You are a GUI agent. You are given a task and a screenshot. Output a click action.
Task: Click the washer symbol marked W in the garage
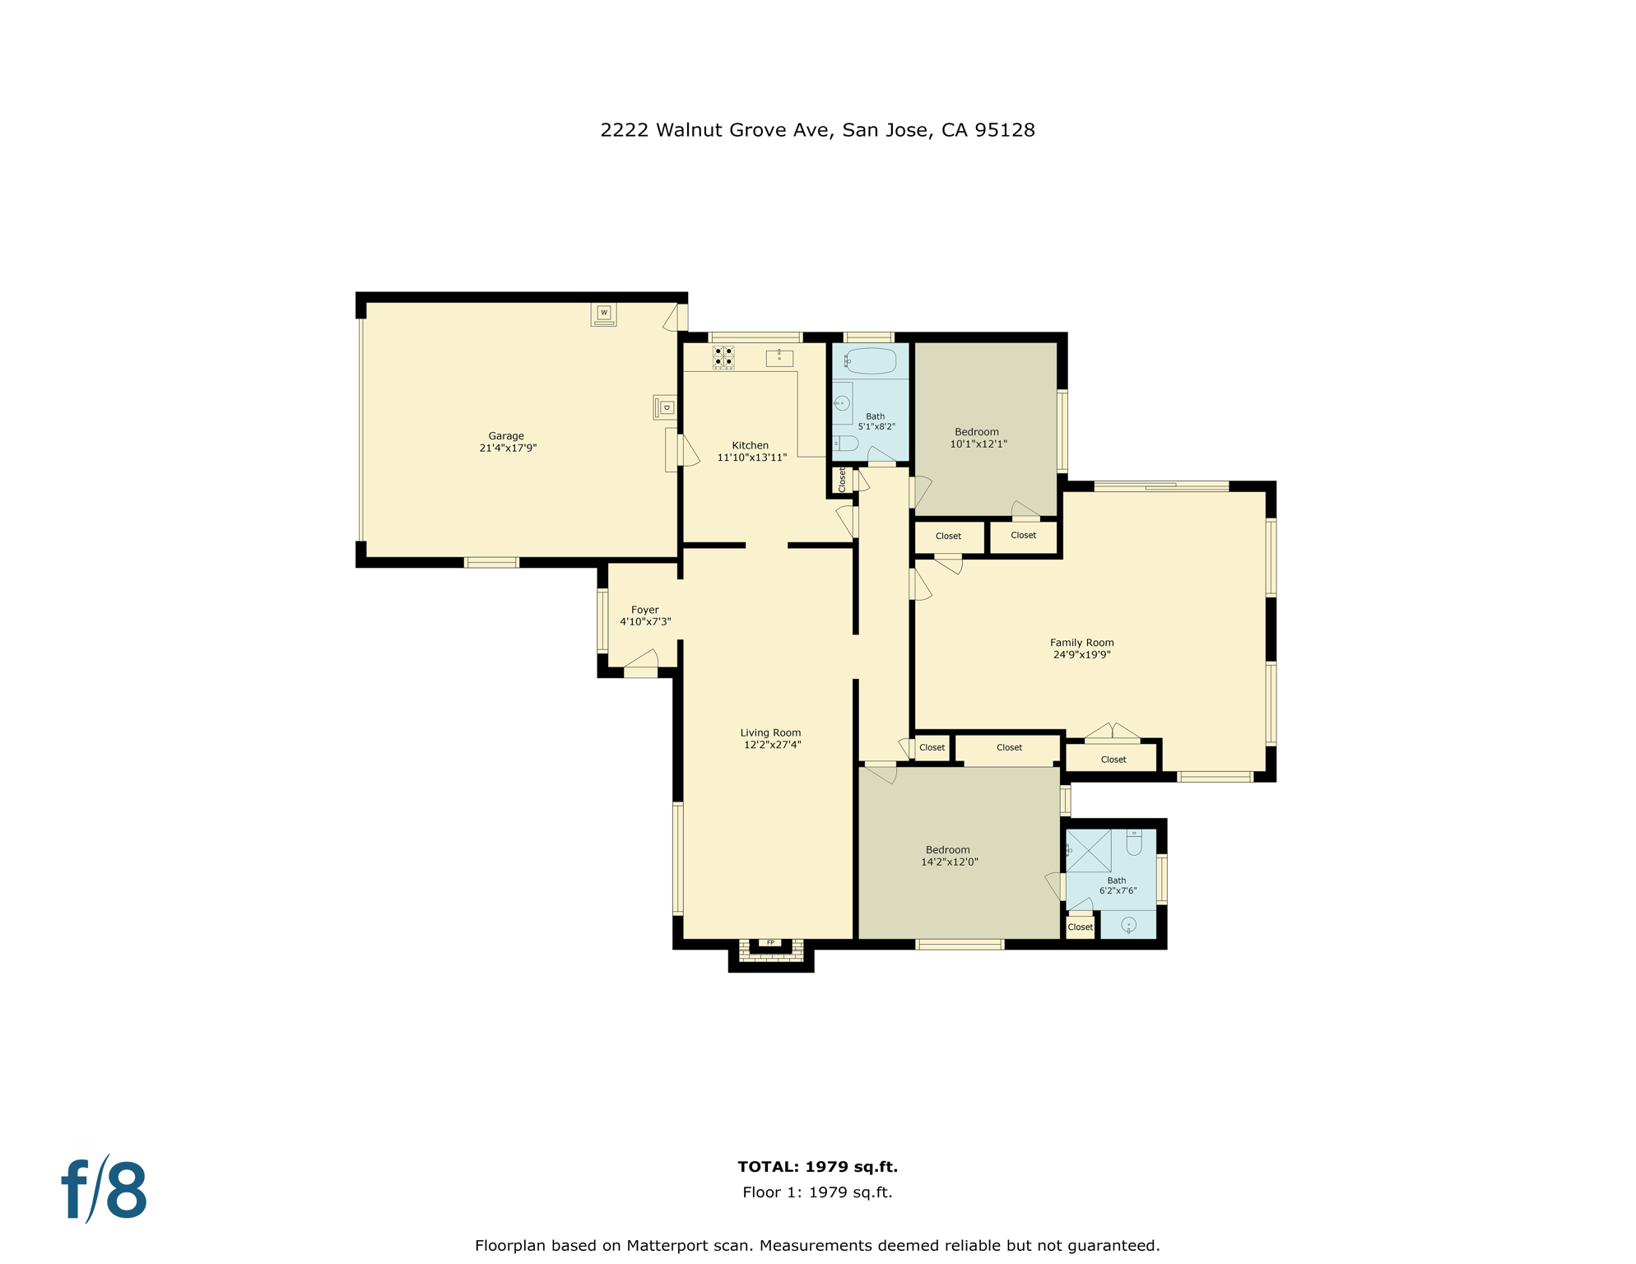pos(603,314)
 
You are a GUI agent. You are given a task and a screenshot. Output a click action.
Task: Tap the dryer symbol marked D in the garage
pos(665,407)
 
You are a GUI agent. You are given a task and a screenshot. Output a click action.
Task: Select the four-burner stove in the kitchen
pos(723,357)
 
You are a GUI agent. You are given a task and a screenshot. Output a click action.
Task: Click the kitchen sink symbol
pos(779,357)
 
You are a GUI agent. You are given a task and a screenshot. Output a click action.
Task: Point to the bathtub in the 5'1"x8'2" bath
pos(870,360)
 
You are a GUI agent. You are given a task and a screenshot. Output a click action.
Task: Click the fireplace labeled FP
pos(770,943)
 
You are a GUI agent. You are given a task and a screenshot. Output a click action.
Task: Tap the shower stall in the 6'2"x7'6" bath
pos(1089,850)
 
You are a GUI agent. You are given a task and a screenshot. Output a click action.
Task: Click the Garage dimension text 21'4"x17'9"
pos(508,448)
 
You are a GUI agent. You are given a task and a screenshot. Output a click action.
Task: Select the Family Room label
pos(1081,643)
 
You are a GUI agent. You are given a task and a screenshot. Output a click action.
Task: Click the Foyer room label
pos(645,610)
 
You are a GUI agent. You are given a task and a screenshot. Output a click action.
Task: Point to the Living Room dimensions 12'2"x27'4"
pos(772,745)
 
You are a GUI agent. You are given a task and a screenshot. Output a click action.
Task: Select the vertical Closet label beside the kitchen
pos(842,480)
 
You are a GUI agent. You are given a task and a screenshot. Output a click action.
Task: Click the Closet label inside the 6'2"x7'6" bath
pos(1080,927)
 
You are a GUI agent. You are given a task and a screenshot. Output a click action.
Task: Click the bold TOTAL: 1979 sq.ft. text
pos(817,1166)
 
